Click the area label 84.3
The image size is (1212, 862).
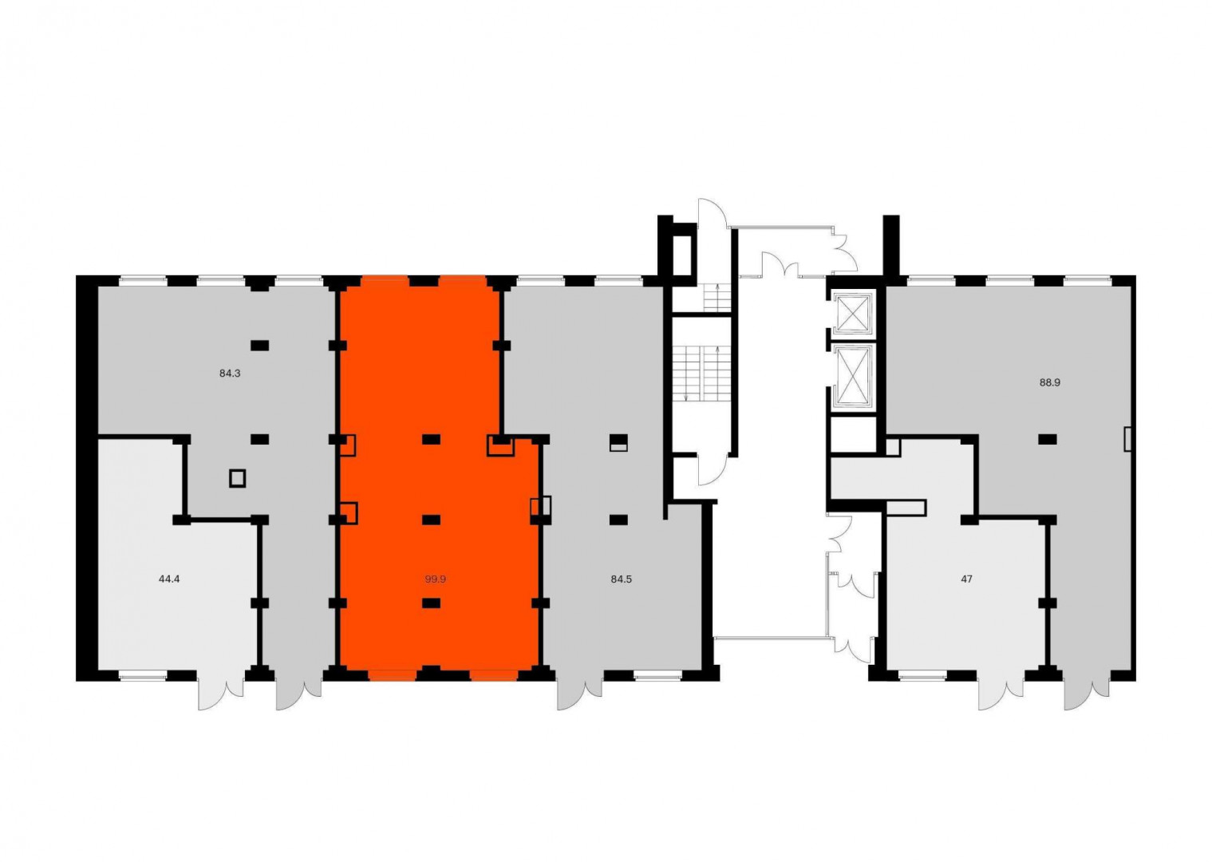pos(230,373)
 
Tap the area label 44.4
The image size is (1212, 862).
pos(169,579)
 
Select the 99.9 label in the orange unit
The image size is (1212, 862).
pos(435,579)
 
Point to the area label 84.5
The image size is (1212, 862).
pos(621,579)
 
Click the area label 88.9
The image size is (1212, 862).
pos(1050,382)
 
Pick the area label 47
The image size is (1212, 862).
pos(966,579)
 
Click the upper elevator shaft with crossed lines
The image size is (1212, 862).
pos(853,313)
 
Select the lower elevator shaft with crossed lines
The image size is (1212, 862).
pos(853,376)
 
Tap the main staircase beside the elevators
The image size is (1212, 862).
pos(702,374)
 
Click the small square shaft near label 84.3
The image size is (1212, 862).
pos(237,478)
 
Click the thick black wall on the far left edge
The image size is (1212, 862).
pos(86,478)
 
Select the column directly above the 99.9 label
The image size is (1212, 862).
pos(431,520)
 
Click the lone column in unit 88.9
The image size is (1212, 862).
pos(1048,440)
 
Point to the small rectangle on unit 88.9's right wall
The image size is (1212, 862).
pos(1128,439)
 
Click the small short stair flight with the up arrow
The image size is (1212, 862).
pos(717,298)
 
